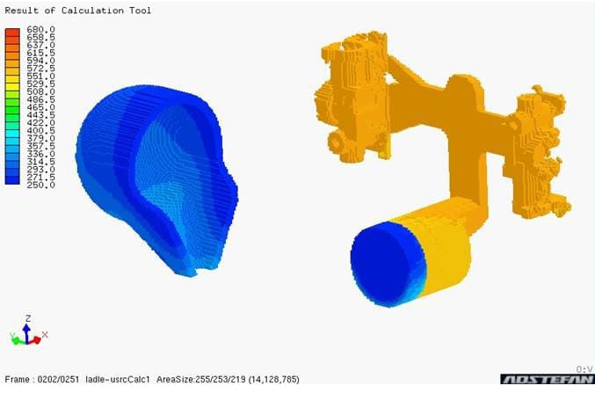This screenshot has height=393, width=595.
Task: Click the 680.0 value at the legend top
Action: coord(40,30)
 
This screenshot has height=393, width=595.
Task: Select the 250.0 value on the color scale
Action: coord(40,185)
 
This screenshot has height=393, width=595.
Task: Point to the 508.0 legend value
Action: coord(40,92)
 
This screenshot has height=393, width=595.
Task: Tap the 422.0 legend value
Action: coord(40,123)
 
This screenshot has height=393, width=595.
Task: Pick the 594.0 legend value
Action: coord(40,61)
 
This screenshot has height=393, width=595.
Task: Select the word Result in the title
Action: coord(25,11)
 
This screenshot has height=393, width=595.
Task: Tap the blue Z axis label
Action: coord(28,318)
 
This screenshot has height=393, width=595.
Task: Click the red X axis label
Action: coord(44,335)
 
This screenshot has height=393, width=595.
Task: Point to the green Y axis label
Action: coord(11,335)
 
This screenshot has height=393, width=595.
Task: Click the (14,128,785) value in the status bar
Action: coord(270,379)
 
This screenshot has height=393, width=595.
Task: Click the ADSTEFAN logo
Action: coord(546,380)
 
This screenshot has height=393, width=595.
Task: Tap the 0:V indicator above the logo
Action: coord(584,368)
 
